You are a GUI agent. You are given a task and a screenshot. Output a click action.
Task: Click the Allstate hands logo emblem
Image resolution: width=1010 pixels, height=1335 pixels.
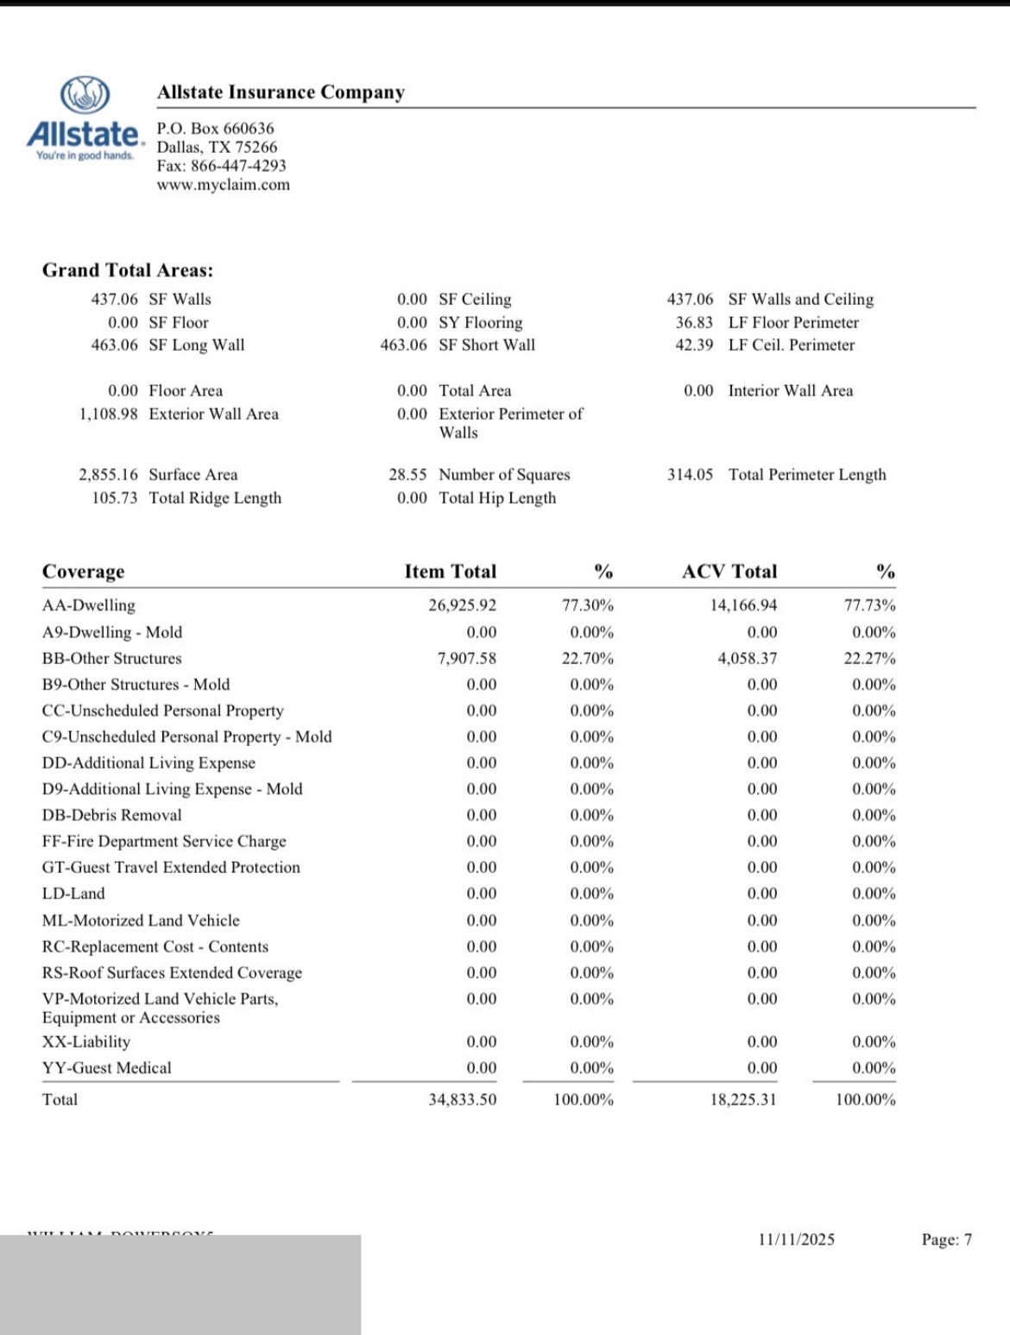coord(85,95)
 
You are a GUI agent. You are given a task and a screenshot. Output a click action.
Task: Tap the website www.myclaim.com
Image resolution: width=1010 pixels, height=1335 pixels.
coord(223,185)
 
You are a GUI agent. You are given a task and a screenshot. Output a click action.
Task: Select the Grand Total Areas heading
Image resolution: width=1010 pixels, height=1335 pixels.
coord(128,270)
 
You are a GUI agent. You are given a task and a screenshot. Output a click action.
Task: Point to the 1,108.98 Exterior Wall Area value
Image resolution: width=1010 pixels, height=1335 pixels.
coord(108,414)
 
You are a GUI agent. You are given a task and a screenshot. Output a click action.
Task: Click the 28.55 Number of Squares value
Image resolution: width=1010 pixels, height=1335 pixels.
coord(407,474)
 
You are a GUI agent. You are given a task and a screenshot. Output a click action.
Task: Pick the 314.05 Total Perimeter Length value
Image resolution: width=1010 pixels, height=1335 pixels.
coord(690,474)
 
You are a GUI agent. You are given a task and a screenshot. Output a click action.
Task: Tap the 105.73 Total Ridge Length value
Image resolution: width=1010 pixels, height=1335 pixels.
coord(114,497)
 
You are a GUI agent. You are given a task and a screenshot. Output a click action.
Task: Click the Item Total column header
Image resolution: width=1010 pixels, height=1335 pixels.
coord(450,572)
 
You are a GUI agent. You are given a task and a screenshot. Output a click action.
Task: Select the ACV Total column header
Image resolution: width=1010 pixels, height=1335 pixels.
coord(729,572)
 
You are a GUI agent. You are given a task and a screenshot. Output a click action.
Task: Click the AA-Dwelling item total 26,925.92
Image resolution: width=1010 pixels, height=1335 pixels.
coord(462,605)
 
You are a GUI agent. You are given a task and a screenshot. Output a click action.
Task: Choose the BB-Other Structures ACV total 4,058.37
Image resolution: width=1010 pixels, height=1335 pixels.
coord(747,658)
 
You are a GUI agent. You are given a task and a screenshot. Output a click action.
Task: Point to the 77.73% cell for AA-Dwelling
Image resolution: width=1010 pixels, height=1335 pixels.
coord(869,605)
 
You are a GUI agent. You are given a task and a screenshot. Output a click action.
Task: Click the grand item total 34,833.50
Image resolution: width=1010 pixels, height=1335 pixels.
coord(462,1099)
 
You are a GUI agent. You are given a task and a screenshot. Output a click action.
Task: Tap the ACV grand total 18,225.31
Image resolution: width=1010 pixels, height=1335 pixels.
coord(742,1099)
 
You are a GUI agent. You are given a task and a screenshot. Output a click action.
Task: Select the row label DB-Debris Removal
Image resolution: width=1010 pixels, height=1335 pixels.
coord(112,815)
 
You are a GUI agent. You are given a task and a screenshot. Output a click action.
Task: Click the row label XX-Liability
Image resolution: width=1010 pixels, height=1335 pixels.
coord(86,1041)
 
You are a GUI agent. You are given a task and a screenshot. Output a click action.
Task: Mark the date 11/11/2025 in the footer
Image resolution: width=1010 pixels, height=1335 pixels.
coord(796,1240)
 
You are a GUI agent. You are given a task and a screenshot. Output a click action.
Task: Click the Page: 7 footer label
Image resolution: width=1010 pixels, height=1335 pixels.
coord(946,1240)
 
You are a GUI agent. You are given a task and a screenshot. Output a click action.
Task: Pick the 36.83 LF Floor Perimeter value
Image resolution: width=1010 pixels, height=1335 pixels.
coord(694,322)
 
